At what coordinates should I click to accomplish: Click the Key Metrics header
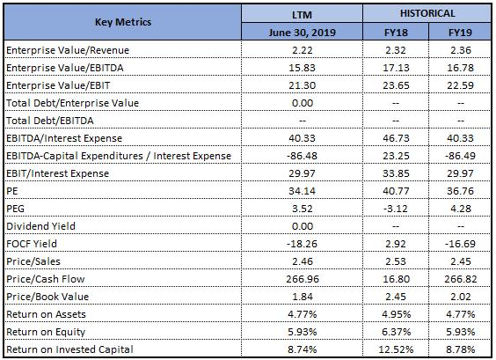[123, 22]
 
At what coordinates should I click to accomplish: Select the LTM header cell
[302, 15]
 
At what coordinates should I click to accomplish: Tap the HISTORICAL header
[427, 13]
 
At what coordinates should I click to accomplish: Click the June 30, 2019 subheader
[303, 33]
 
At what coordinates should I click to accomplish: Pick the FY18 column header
[396, 33]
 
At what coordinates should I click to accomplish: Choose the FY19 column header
[460, 33]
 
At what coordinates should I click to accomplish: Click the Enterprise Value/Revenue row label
[68, 50]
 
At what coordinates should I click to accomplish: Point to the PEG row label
[15, 209]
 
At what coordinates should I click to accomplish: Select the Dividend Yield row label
[40, 226]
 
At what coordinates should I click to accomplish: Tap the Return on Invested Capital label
[69, 349]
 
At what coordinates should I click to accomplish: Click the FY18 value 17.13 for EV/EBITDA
[396, 68]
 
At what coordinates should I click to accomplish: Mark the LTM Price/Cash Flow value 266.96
[303, 279]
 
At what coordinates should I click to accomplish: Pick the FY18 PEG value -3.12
[396, 209]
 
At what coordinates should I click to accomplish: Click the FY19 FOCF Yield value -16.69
[460, 244]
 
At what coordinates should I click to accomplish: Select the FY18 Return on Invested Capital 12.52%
[396, 349]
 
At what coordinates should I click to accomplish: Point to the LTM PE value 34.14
[303, 191]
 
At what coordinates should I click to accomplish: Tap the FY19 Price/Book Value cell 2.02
[461, 297]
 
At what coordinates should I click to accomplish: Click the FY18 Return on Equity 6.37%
[396, 332]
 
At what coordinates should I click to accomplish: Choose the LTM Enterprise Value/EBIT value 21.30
[303, 85]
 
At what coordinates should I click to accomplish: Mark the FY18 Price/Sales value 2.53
[396, 261]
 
